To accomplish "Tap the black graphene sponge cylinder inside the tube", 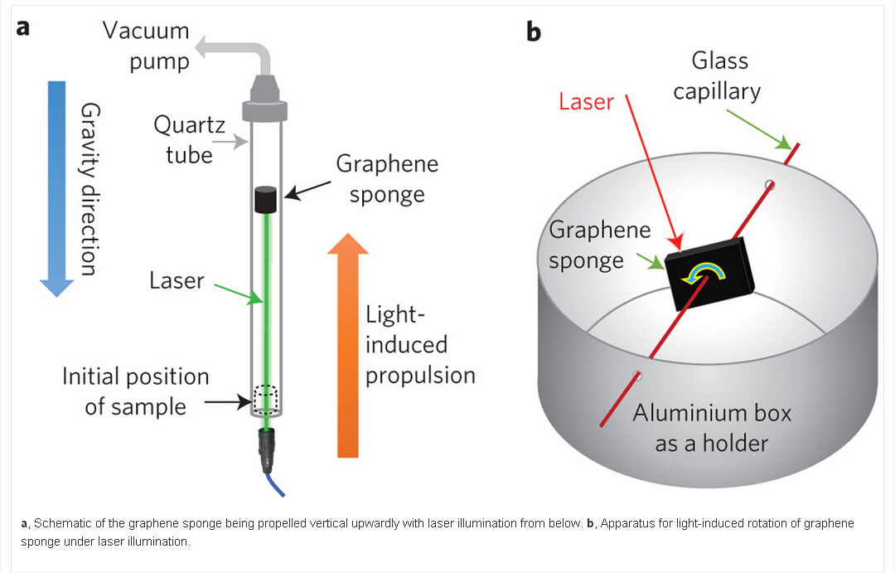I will tap(265, 200).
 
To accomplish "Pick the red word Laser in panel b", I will tap(586, 102).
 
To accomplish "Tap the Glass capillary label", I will tap(717, 75).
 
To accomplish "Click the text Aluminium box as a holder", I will tap(712, 428).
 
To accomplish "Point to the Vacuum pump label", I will tap(147, 46).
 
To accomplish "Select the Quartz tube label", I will tap(183, 139).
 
